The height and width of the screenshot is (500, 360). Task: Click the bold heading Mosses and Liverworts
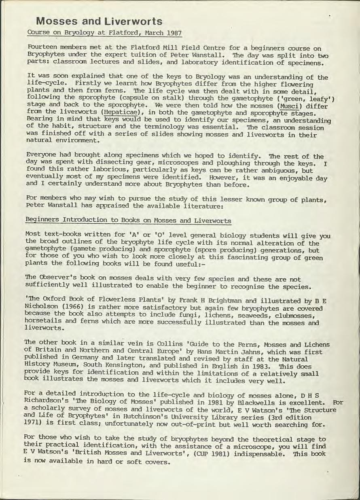tap(99, 21)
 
